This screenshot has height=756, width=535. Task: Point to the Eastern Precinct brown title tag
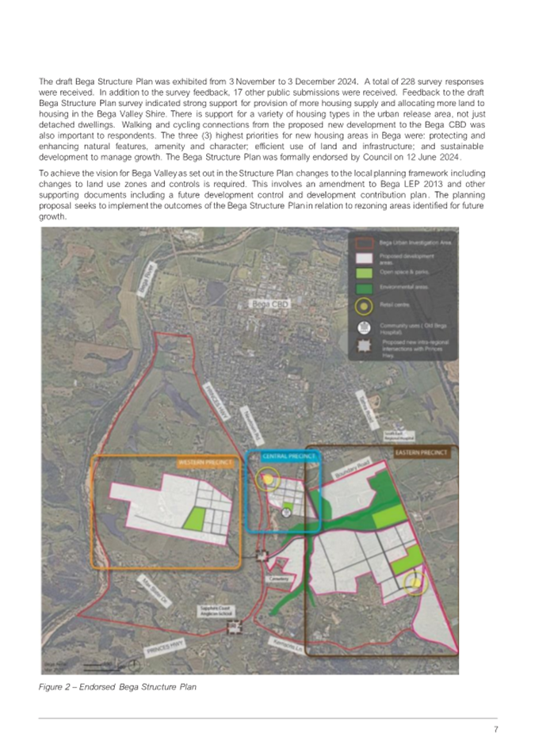click(421, 452)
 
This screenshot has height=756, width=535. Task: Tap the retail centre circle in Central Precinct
click(269, 479)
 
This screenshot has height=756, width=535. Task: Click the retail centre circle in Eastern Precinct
click(412, 584)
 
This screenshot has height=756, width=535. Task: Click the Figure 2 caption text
click(117, 686)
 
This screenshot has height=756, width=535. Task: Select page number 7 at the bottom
click(495, 730)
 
